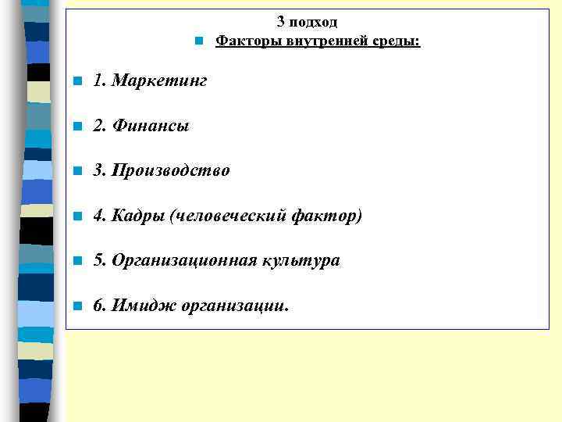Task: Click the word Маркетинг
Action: tap(160, 80)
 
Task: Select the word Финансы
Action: tap(151, 125)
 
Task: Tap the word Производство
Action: tap(171, 170)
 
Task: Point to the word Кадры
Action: tap(137, 215)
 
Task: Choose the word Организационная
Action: tap(183, 260)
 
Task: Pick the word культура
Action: tap(304, 260)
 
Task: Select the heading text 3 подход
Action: tap(308, 23)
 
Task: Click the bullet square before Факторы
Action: tap(199, 41)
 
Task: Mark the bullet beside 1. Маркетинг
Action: tap(76, 81)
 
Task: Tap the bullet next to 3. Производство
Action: tap(76, 171)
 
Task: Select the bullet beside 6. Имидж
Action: tap(76, 306)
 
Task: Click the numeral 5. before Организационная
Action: tap(98, 260)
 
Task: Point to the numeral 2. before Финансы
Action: tap(98, 125)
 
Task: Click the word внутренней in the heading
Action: tap(315, 40)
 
